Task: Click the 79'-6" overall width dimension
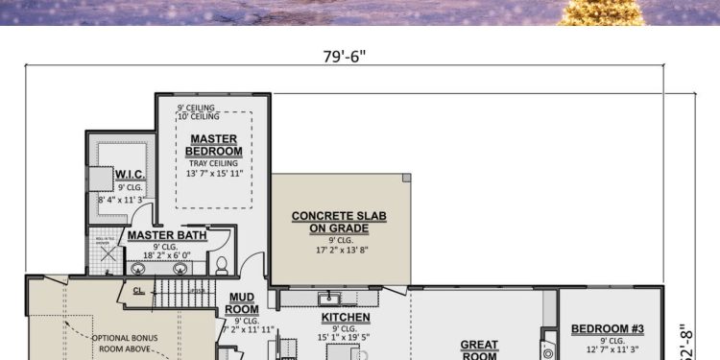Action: tap(344, 55)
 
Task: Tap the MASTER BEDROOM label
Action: tap(214, 145)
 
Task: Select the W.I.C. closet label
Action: tap(130, 174)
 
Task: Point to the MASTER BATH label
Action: tap(164, 234)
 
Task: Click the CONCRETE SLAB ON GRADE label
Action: tap(339, 222)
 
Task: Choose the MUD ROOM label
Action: tap(242, 303)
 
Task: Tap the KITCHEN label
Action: tap(346, 317)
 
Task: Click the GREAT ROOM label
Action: tap(479, 349)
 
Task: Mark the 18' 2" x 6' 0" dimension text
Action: tap(163, 256)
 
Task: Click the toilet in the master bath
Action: tap(221, 264)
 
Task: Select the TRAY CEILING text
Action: tap(214, 162)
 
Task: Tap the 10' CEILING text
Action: tap(199, 116)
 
